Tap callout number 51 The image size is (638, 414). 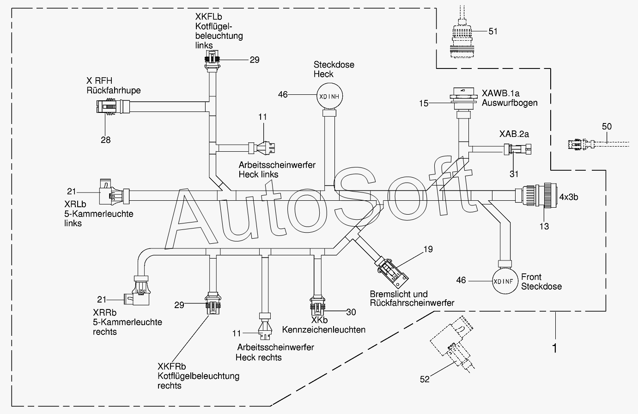(493, 31)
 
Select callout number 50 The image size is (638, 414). (607, 126)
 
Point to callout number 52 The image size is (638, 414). (425, 379)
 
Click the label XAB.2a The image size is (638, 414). (514, 134)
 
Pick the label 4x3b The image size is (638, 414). (569, 197)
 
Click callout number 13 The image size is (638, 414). (544, 226)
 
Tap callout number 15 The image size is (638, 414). (424, 103)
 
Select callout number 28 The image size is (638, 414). (106, 140)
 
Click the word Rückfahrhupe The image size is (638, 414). (114, 90)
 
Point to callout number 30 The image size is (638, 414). (351, 312)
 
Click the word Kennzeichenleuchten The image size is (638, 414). (324, 330)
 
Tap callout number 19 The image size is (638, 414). (428, 249)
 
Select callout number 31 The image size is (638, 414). (514, 174)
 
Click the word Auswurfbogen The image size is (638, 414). (510, 103)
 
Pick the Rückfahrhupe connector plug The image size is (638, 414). (113, 107)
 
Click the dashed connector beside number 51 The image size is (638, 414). (462, 37)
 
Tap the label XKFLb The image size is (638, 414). (209, 17)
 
